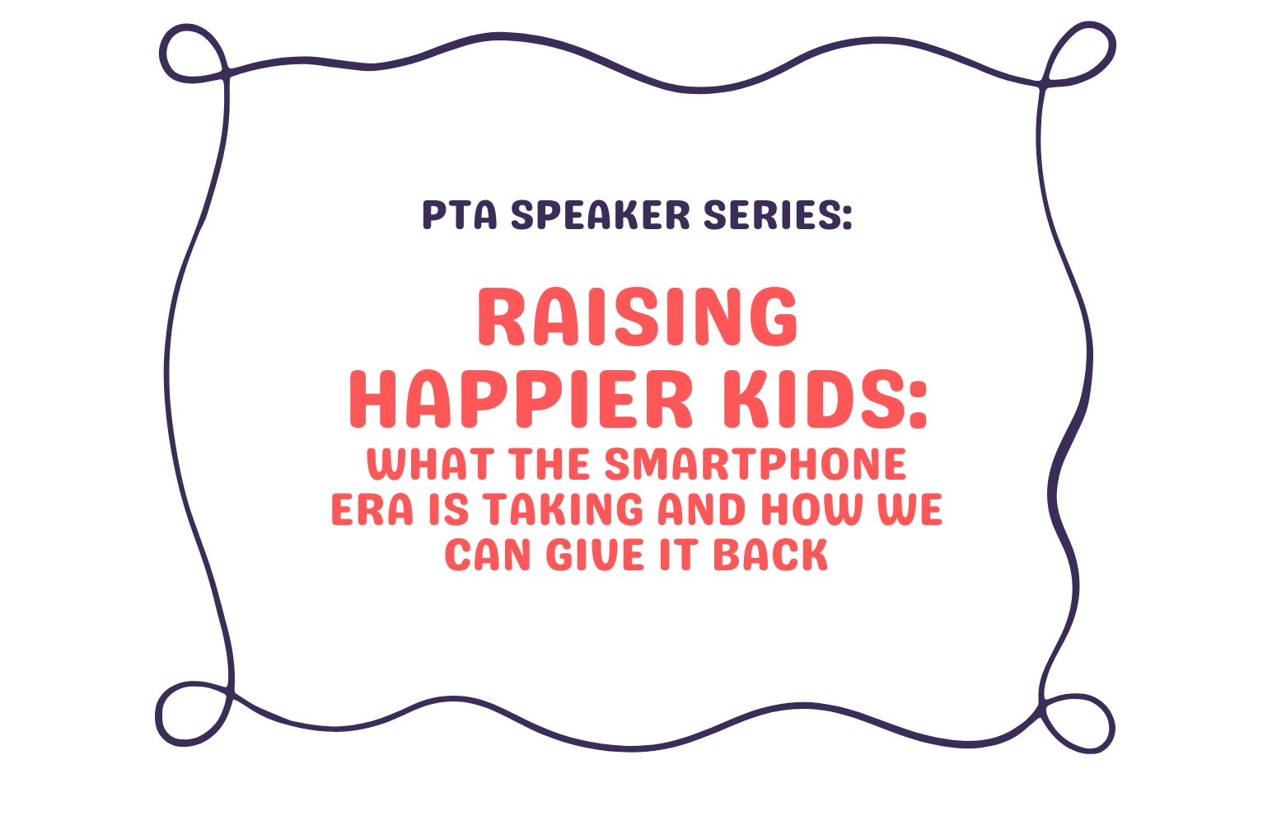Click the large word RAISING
(x=637, y=317)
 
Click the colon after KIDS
(x=917, y=404)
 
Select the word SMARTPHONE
(x=755, y=465)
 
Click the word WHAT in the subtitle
(x=429, y=465)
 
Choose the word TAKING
(x=562, y=510)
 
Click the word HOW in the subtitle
(x=811, y=510)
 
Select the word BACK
(x=770, y=555)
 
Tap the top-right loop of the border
(x=1083, y=53)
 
